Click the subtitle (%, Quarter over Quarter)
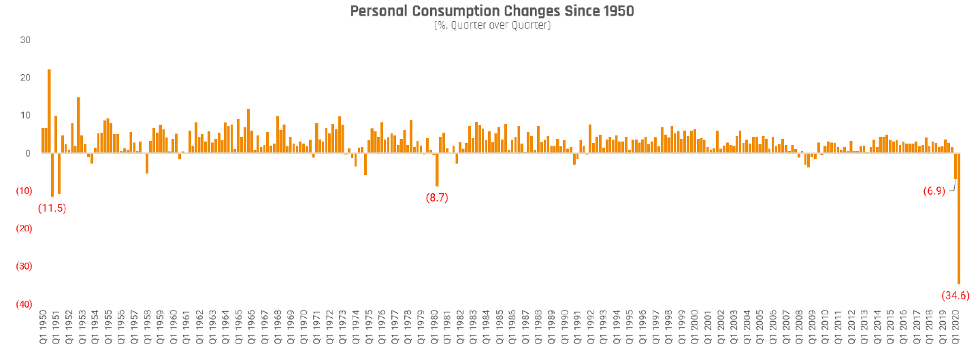pos(492,25)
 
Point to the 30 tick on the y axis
pos(25,40)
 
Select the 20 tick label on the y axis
pos(25,78)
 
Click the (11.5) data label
pos(52,208)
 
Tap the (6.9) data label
pos(933,191)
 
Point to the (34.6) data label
pos(955,295)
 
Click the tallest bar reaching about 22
pos(49,111)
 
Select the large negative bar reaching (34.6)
pos(959,218)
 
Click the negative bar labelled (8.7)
pos(437,169)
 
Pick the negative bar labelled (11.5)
pos(52,175)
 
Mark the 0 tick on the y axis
pos(27,153)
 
